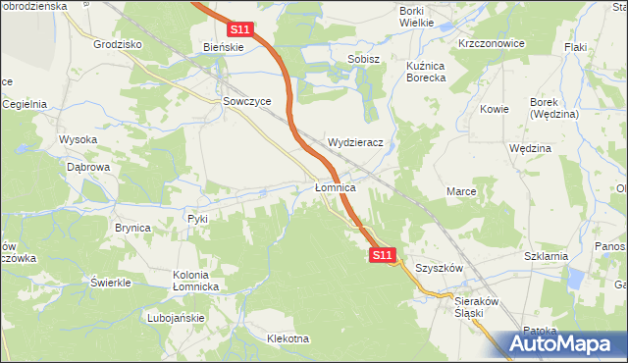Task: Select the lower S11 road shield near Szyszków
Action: pos(384,255)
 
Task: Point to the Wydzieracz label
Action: pos(361,142)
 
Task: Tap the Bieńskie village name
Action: pos(223,46)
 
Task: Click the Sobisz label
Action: pos(363,59)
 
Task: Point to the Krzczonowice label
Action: pos(492,44)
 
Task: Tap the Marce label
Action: pos(461,191)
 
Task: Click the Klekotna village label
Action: pos(288,339)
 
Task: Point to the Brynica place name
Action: pos(132,228)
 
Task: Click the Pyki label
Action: pos(198,218)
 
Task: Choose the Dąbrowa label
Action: pos(87,168)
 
